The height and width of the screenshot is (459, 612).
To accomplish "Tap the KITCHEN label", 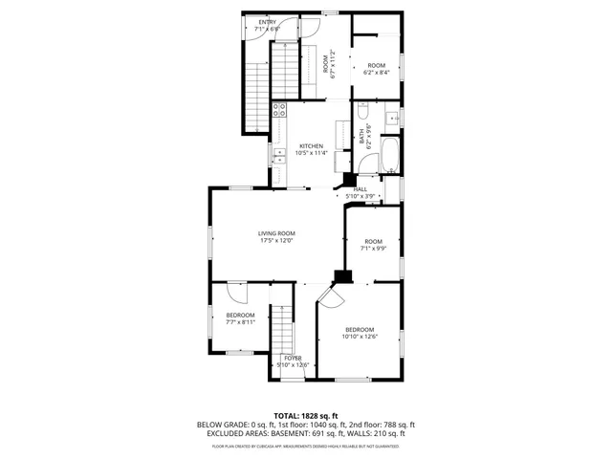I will click(311, 146).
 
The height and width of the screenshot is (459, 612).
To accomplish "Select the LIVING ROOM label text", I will click(276, 233).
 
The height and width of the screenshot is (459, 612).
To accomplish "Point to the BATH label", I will click(362, 136).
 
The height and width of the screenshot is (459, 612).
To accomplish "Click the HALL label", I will click(361, 189).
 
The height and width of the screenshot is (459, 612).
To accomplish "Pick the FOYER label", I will click(292, 358).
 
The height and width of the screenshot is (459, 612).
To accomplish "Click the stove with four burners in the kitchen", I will click(279, 109).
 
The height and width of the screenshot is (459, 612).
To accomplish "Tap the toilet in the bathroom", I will click(391, 120).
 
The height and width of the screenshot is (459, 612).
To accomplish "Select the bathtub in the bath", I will click(391, 155).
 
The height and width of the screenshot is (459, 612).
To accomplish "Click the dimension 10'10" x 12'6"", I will click(360, 337).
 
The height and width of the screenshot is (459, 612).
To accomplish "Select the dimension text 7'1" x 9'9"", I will click(373, 249).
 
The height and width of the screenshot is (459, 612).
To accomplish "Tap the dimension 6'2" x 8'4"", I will click(377, 73).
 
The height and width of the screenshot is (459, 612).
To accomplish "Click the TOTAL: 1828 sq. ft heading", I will click(305, 415).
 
